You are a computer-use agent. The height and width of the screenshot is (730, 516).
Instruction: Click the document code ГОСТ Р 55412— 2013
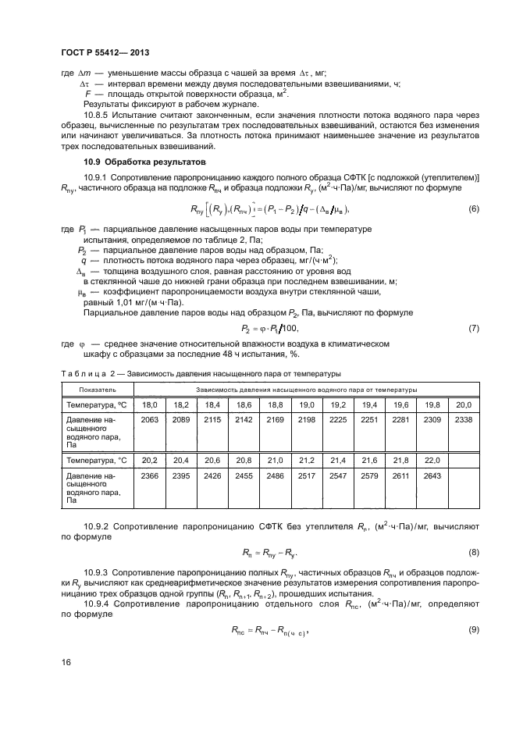pyautogui.click(x=105, y=53)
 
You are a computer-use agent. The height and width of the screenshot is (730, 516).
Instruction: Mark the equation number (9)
pyautogui.click(x=473, y=629)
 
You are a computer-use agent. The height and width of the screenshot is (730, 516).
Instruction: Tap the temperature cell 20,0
pyautogui.click(x=464, y=404)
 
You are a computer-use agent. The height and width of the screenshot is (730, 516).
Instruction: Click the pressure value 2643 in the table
pyautogui.click(x=432, y=475)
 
